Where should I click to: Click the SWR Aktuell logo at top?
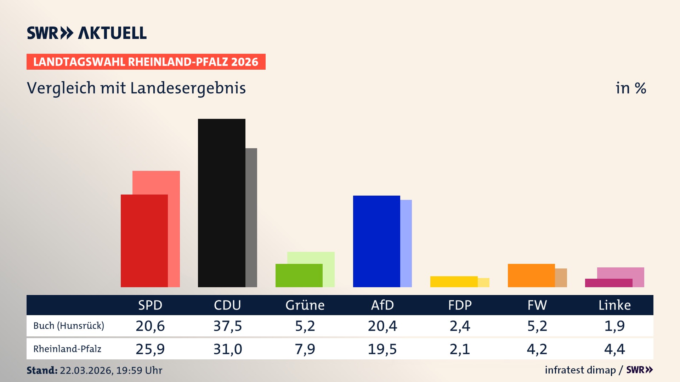pos(87,33)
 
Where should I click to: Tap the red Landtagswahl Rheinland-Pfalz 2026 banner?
pos(146,62)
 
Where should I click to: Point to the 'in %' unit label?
pos(630,88)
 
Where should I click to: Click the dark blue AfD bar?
pos(376,241)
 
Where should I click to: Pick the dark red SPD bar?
pos(144,241)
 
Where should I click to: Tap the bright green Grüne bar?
pos(299,276)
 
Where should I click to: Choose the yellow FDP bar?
pos(454,282)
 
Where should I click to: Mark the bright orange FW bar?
pos(531,276)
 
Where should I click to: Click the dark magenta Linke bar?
pos(608,283)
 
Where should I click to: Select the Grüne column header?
pos(305,305)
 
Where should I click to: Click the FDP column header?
pos(460,305)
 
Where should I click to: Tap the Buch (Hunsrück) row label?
pos(69,326)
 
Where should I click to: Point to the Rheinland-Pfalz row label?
pos(67,349)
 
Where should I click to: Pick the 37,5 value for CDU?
pos(227,326)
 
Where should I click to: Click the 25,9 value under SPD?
pos(150,349)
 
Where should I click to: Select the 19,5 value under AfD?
pos(382,349)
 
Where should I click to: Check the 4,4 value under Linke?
pos(614,349)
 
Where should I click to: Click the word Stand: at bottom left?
pos(42,370)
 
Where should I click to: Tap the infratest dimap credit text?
pos(580,370)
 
